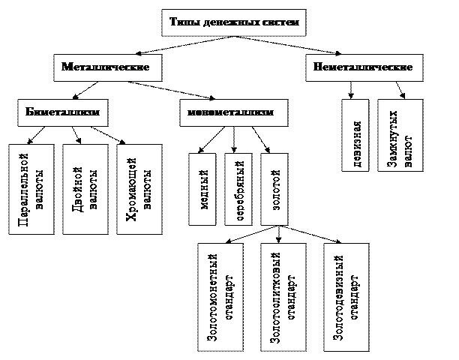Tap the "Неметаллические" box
point(358,67)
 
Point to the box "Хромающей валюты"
point(138,188)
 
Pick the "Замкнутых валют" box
point(399,134)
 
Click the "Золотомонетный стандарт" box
point(220,297)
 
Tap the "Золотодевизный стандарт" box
point(346,297)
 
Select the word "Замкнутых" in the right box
point(393,134)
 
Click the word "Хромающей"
point(132,188)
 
